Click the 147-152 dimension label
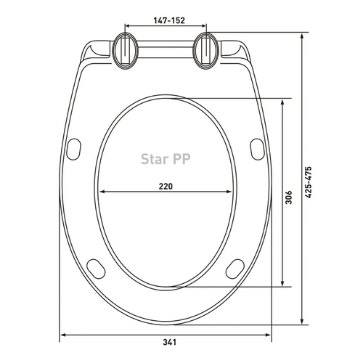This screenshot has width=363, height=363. click(169, 20)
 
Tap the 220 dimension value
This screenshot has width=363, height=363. click(166, 187)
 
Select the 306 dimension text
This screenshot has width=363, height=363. click(288, 197)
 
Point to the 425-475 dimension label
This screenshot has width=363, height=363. click(308, 182)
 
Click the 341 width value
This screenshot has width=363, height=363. click(169, 343)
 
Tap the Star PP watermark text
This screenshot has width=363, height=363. click(166, 159)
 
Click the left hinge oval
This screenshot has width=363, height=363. click(126, 51)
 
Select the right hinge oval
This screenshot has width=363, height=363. click(206, 51)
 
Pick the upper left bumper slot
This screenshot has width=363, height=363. click(73, 149)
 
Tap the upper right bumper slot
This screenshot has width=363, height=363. click(257, 149)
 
